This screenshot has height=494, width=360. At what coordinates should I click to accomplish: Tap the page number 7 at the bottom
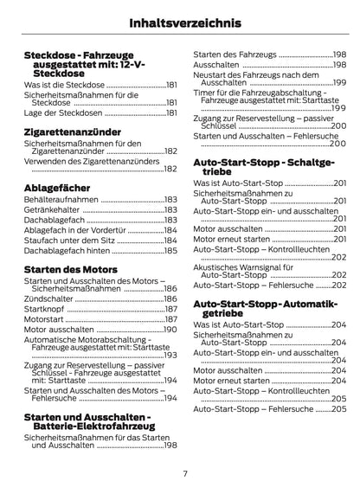(184, 473)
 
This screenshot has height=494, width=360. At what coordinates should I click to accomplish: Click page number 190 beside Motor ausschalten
(170, 330)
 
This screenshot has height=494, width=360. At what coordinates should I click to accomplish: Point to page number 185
(170, 250)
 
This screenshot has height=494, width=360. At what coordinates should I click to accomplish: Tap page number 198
(170, 445)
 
